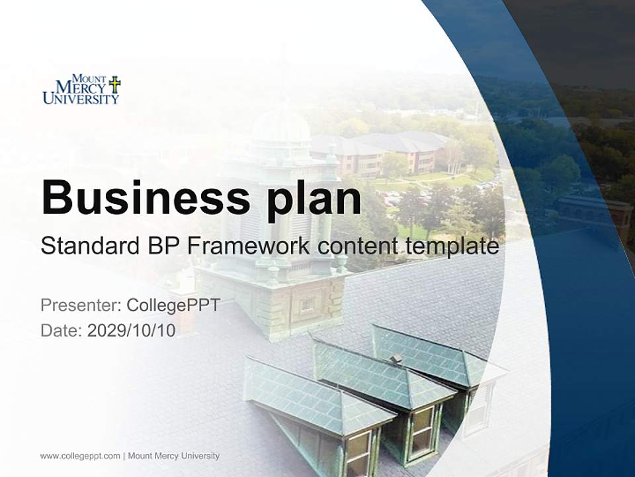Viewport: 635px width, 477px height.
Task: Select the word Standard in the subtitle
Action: coord(87,246)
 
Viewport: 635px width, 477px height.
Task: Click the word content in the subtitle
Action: coord(358,246)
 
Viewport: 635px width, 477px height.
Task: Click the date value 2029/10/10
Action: coord(132,331)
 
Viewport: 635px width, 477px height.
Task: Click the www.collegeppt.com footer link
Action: coord(80,456)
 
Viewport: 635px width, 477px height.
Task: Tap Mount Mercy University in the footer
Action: coord(173,456)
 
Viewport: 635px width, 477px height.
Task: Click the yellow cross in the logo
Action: coord(114,84)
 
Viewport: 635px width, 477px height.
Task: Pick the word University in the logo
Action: coord(81,99)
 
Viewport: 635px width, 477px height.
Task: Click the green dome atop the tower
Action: coord(281,126)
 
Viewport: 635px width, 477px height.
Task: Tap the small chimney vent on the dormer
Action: coord(396,359)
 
